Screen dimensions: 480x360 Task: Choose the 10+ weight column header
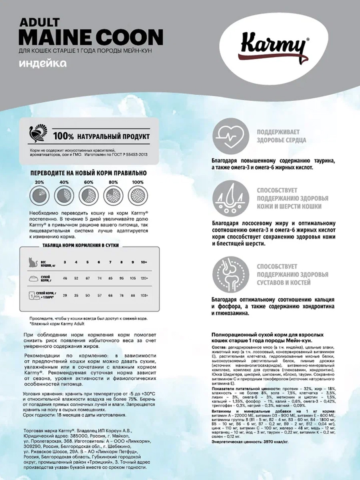[x=144, y=262]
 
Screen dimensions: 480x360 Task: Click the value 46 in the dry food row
[x=65, y=278]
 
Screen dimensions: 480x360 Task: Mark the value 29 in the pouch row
[x=65, y=296]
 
